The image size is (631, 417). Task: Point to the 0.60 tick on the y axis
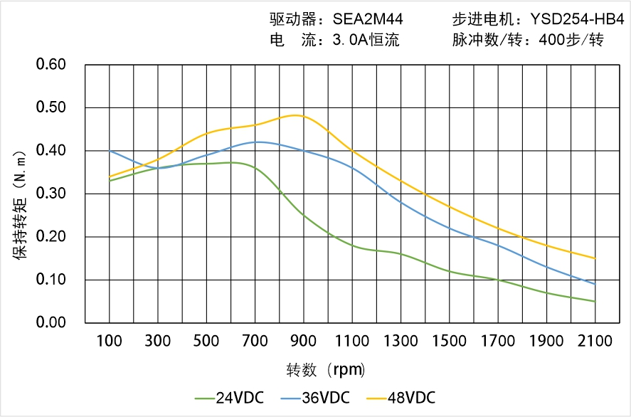point(51,65)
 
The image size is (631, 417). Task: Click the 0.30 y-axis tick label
point(51,194)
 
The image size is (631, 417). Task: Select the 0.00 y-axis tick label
point(51,323)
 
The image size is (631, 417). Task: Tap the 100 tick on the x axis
point(110,342)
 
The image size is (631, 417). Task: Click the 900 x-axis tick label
point(304,342)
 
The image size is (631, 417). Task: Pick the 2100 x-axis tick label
point(595,342)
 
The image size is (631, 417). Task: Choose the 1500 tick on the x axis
point(450,342)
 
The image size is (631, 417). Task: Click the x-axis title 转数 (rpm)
point(326,370)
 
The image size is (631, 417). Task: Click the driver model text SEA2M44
point(368,19)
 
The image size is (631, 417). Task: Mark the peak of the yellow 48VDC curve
point(297,115)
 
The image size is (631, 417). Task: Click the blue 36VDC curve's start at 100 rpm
point(110,151)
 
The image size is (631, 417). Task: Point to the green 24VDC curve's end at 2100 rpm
point(595,301)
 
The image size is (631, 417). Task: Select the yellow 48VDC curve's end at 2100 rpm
point(595,258)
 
